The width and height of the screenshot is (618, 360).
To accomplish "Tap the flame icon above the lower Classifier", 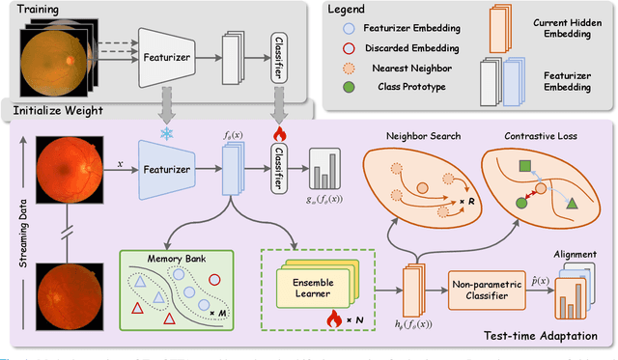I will (279, 133).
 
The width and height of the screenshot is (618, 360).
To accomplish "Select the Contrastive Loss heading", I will (540, 136).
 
